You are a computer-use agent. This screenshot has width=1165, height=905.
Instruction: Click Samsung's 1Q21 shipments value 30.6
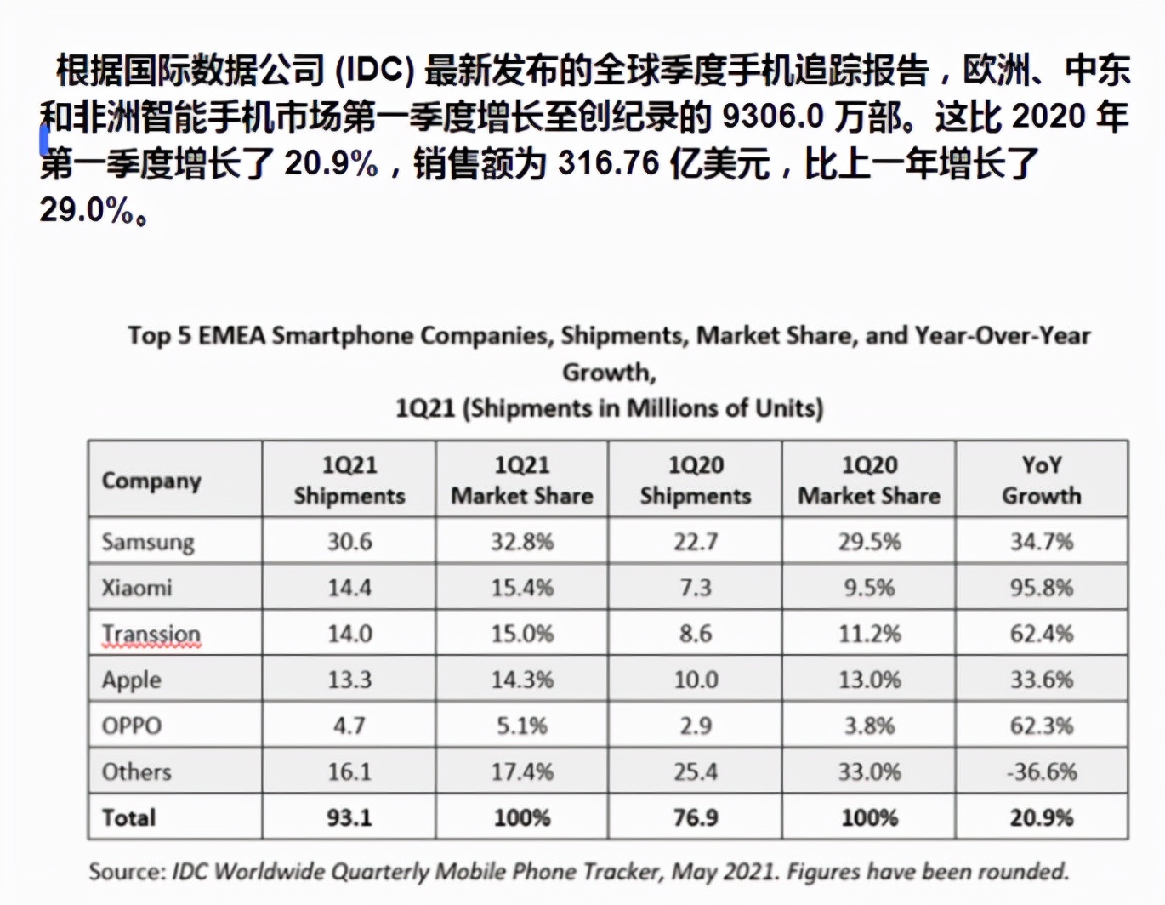click(x=349, y=541)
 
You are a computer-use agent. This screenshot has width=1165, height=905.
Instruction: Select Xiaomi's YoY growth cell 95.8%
click(x=1042, y=587)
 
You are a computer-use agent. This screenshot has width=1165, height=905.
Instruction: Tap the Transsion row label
click(x=151, y=634)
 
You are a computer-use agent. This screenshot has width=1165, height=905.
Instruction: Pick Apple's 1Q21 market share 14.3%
click(x=522, y=680)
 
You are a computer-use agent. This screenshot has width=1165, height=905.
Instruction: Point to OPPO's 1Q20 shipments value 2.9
click(x=696, y=726)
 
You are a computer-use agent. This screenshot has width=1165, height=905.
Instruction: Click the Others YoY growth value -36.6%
click(x=1042, y=771)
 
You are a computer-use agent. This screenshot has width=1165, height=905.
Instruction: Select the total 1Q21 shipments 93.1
click(x=349, y=817)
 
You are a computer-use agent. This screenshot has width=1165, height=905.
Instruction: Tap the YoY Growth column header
click(x=1042, y=480)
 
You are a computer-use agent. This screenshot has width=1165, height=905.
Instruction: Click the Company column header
click(x=151, y=481)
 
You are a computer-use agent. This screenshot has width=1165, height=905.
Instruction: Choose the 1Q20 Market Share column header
click(x=869, y=480)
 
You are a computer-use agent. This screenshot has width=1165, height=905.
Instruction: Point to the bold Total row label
click(x=129, y=817)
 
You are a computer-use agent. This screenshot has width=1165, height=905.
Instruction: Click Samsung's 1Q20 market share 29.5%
click(x=869, y=541)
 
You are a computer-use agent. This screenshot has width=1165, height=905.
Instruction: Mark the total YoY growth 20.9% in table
click(x=1042, y=817)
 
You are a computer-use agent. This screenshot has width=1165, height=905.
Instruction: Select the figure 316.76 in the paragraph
click(x=608, y=162)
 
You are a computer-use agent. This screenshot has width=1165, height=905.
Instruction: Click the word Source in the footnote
click(x=127, y=872)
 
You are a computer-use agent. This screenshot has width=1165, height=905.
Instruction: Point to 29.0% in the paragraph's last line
click(x=86, y=208)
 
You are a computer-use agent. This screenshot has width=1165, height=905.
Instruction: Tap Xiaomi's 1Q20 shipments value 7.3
click(x=696, y=587)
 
